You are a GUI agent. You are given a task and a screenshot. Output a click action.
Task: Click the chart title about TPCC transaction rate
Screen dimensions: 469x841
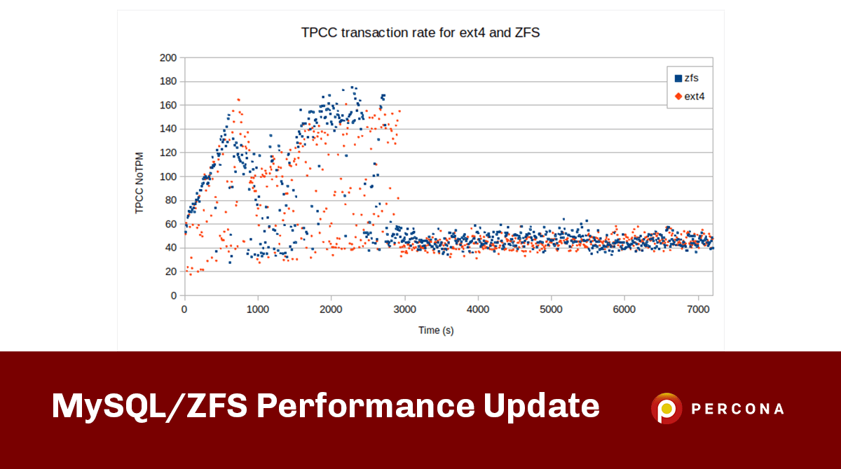tap(420, 32)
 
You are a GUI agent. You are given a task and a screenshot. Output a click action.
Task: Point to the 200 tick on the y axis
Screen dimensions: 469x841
tap(168, 57)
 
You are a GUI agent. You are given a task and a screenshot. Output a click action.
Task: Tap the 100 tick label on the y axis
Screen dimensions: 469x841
tap(168, 176)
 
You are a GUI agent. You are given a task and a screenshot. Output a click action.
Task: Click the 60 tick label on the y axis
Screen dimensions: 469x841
tap(171, 224)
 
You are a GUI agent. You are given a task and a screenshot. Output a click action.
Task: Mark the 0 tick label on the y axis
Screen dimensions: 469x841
tap(174, 295)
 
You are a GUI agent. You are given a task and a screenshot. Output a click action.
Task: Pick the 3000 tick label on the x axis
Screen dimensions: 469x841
tap(404, 309)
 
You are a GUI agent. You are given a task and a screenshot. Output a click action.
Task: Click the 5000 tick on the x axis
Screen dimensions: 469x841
tap(551, 309)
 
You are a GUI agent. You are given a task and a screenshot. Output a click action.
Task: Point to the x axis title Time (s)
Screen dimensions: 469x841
tap(435, 330)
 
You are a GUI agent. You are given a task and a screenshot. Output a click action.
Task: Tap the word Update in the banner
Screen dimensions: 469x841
tap(540, 407)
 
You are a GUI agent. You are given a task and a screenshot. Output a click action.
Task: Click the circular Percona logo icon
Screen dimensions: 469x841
tap(666, 408)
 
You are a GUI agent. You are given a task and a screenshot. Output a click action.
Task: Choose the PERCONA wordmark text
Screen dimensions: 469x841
tap(737, 409)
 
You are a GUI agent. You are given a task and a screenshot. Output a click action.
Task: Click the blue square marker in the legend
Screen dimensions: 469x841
tap(678, 78)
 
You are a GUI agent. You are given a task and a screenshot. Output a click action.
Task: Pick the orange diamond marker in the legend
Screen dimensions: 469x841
tap(678, 96)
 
